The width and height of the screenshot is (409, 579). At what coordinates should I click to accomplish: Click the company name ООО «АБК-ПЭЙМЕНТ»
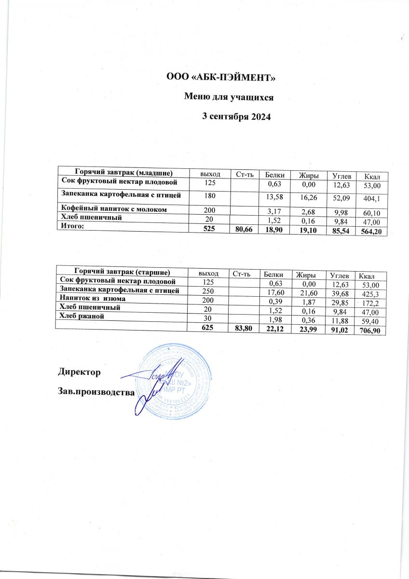pos(220,77)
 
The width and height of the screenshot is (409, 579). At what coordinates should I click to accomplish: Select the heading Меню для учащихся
pos(230,96)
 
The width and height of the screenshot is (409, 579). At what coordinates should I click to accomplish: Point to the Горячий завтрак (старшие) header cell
pos(122,272)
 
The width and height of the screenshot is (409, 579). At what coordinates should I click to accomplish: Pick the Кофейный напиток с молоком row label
pos(115,209)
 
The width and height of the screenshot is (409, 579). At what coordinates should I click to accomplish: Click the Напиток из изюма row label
pos(93,299)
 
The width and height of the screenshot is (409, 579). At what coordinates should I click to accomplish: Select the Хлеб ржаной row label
pos(81,316)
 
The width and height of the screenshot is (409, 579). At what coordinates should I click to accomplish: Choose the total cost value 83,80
pos(241,328)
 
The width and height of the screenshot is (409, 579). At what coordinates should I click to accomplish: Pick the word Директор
pos(80,372)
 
